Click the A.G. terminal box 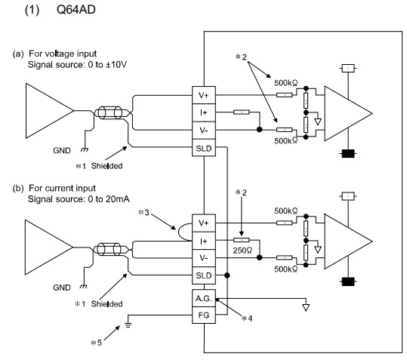coord(204,298)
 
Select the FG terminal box coord(204,315)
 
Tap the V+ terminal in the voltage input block coord(204,95)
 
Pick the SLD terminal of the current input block coord(204,275)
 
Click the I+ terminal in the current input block coord(204,241)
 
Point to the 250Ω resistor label coord(242,251)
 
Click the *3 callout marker coord(143,212)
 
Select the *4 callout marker coord(247,318)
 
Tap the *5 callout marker coord(97,343)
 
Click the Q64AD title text coord(76,10)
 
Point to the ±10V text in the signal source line coord(116,64)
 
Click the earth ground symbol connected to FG coord(128,325)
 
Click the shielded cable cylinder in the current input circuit coord(109,249)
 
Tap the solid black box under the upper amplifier coord(348,153)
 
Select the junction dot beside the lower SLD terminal coord(227,275)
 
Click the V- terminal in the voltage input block coord(204,130)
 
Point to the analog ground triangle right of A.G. coord(306,308)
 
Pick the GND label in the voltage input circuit coord(62,150)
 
